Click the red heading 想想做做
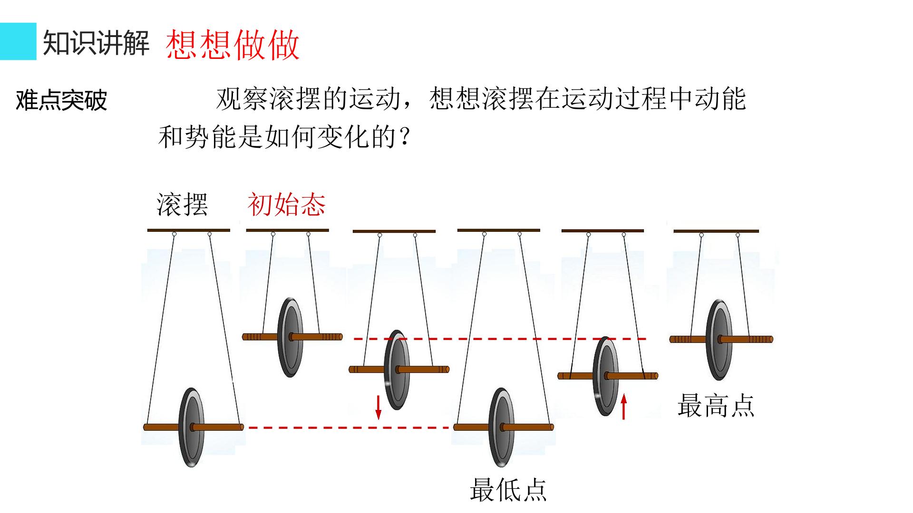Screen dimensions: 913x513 (233, 45)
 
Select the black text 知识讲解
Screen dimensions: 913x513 (97, 43)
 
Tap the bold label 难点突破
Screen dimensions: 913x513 (61, 100)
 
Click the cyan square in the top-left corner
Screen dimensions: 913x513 (18, 41)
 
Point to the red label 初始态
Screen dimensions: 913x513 (286, 205)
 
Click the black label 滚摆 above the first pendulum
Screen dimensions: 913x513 (182, 205)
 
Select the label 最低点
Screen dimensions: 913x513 (508, 490)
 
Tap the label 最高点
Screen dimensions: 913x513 (716, 405)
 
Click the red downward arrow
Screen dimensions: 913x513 (379, 407)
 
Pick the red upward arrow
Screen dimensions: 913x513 (624, 407)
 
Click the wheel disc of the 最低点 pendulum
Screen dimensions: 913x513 (502, 427)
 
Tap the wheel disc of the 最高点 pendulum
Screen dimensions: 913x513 (719, 340)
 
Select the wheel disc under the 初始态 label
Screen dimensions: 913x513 (291, 337)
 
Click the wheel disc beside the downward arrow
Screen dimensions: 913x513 (397, 370)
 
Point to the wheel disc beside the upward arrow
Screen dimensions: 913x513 (606, 376)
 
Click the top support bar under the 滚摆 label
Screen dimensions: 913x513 (188, 230)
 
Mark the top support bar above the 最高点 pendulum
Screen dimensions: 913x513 (716, 231)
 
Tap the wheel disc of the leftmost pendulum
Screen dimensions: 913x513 (191, 427)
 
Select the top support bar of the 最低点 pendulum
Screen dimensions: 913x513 (499, 230)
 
